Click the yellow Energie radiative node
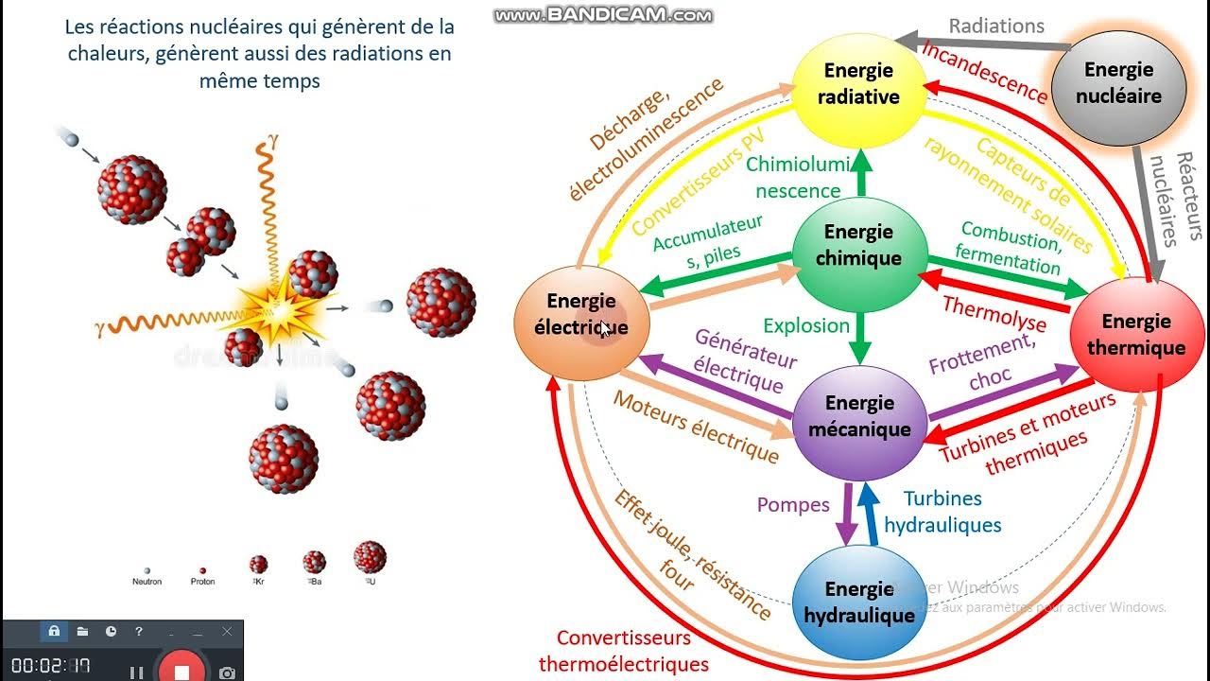[858, 83]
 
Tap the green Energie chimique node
[858, 245]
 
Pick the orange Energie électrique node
[580, 315]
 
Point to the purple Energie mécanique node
[858, 416]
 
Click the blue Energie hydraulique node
[858, 602]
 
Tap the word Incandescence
[984, 73]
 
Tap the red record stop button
[182, 671]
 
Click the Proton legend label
[202, 582]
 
